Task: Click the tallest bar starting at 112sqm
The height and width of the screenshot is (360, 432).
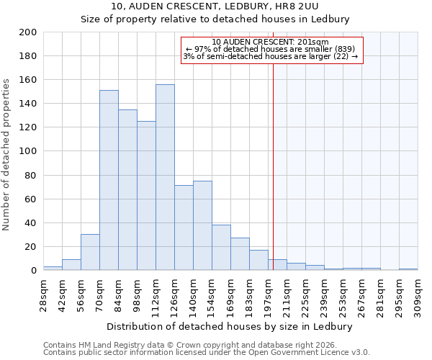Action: coord(165,178)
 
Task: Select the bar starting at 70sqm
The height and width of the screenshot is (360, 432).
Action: coord(109,180)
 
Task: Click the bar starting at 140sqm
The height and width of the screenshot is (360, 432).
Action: coord(202,225)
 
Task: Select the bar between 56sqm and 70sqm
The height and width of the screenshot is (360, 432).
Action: coord(90,252)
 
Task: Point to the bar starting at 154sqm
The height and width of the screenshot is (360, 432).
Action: coord(221,248)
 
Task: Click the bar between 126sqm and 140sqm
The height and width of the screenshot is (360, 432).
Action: coord(184,228)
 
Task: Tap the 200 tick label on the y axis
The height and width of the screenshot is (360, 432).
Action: coord(27,32)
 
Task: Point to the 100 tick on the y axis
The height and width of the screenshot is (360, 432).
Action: coord(27,151)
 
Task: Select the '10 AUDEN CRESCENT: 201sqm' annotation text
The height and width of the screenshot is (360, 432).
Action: coord(271,42)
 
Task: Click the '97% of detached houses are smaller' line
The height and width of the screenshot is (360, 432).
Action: coord(271,49)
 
